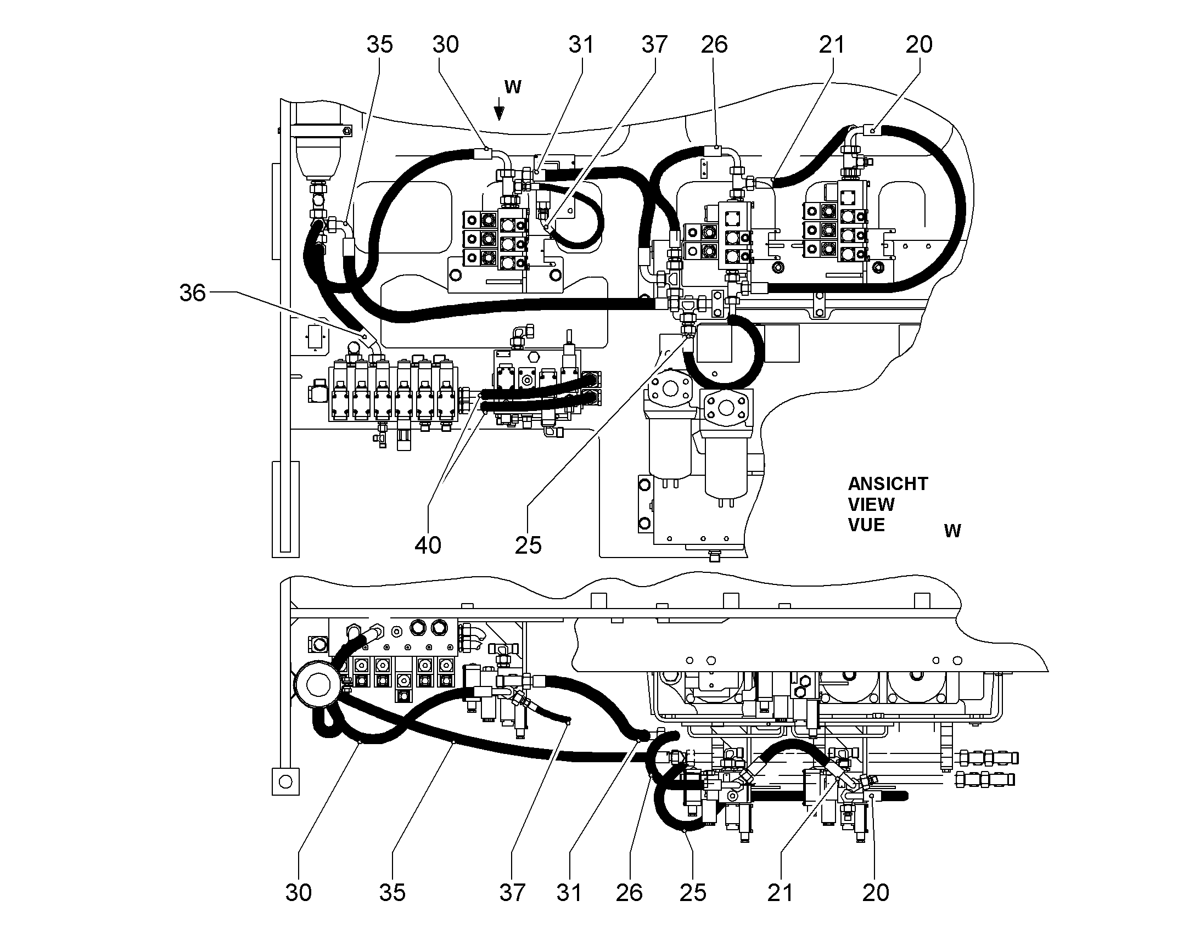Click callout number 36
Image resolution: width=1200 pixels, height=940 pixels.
193,293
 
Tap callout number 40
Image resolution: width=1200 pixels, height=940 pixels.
428,545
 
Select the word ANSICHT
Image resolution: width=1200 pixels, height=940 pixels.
888,484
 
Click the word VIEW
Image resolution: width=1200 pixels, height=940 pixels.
871,504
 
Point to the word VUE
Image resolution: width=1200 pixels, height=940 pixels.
867,525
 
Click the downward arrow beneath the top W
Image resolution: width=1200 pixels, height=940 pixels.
498,109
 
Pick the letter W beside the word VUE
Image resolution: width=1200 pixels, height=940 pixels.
953,531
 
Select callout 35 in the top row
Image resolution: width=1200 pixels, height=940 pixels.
380,44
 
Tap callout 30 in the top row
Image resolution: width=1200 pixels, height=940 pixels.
446,44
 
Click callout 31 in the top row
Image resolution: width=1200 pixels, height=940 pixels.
581,44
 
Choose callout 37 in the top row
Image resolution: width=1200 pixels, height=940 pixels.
654,44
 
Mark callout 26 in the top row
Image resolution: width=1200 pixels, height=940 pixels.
715,44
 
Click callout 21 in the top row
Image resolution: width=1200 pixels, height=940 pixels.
832,44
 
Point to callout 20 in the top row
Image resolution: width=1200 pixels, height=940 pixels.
919,44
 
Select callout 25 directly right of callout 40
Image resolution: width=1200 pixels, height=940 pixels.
529,545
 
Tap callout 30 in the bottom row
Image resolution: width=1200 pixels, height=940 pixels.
298,893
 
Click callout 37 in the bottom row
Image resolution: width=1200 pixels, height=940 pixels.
513,893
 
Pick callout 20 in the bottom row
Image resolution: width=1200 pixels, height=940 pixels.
876,893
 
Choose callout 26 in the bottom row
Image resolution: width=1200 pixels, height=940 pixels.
629,893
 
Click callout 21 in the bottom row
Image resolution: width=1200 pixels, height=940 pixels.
780,893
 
